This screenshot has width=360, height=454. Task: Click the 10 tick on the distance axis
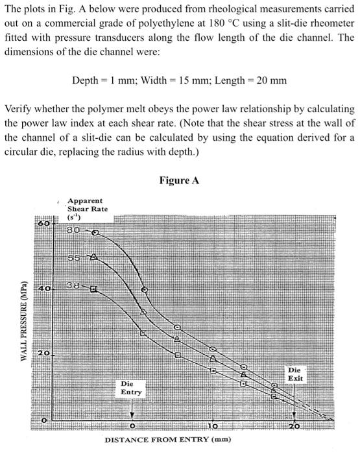pyautogui.click(x=213, y=425)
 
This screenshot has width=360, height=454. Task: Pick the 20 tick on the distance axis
pyautogui.click(x=294, y=425)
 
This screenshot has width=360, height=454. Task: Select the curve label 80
pyautogui.click(x=72, y=232)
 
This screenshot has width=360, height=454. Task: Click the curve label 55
pyautogui.click(x=72, y=258)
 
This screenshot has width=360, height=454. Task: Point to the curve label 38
pyautogui.click(x=72, y=285)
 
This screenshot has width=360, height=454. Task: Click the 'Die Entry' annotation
pyautogui.click(x=132, y=388)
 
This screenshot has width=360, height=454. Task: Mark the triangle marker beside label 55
pyautogui.click(x=93, y=259)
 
